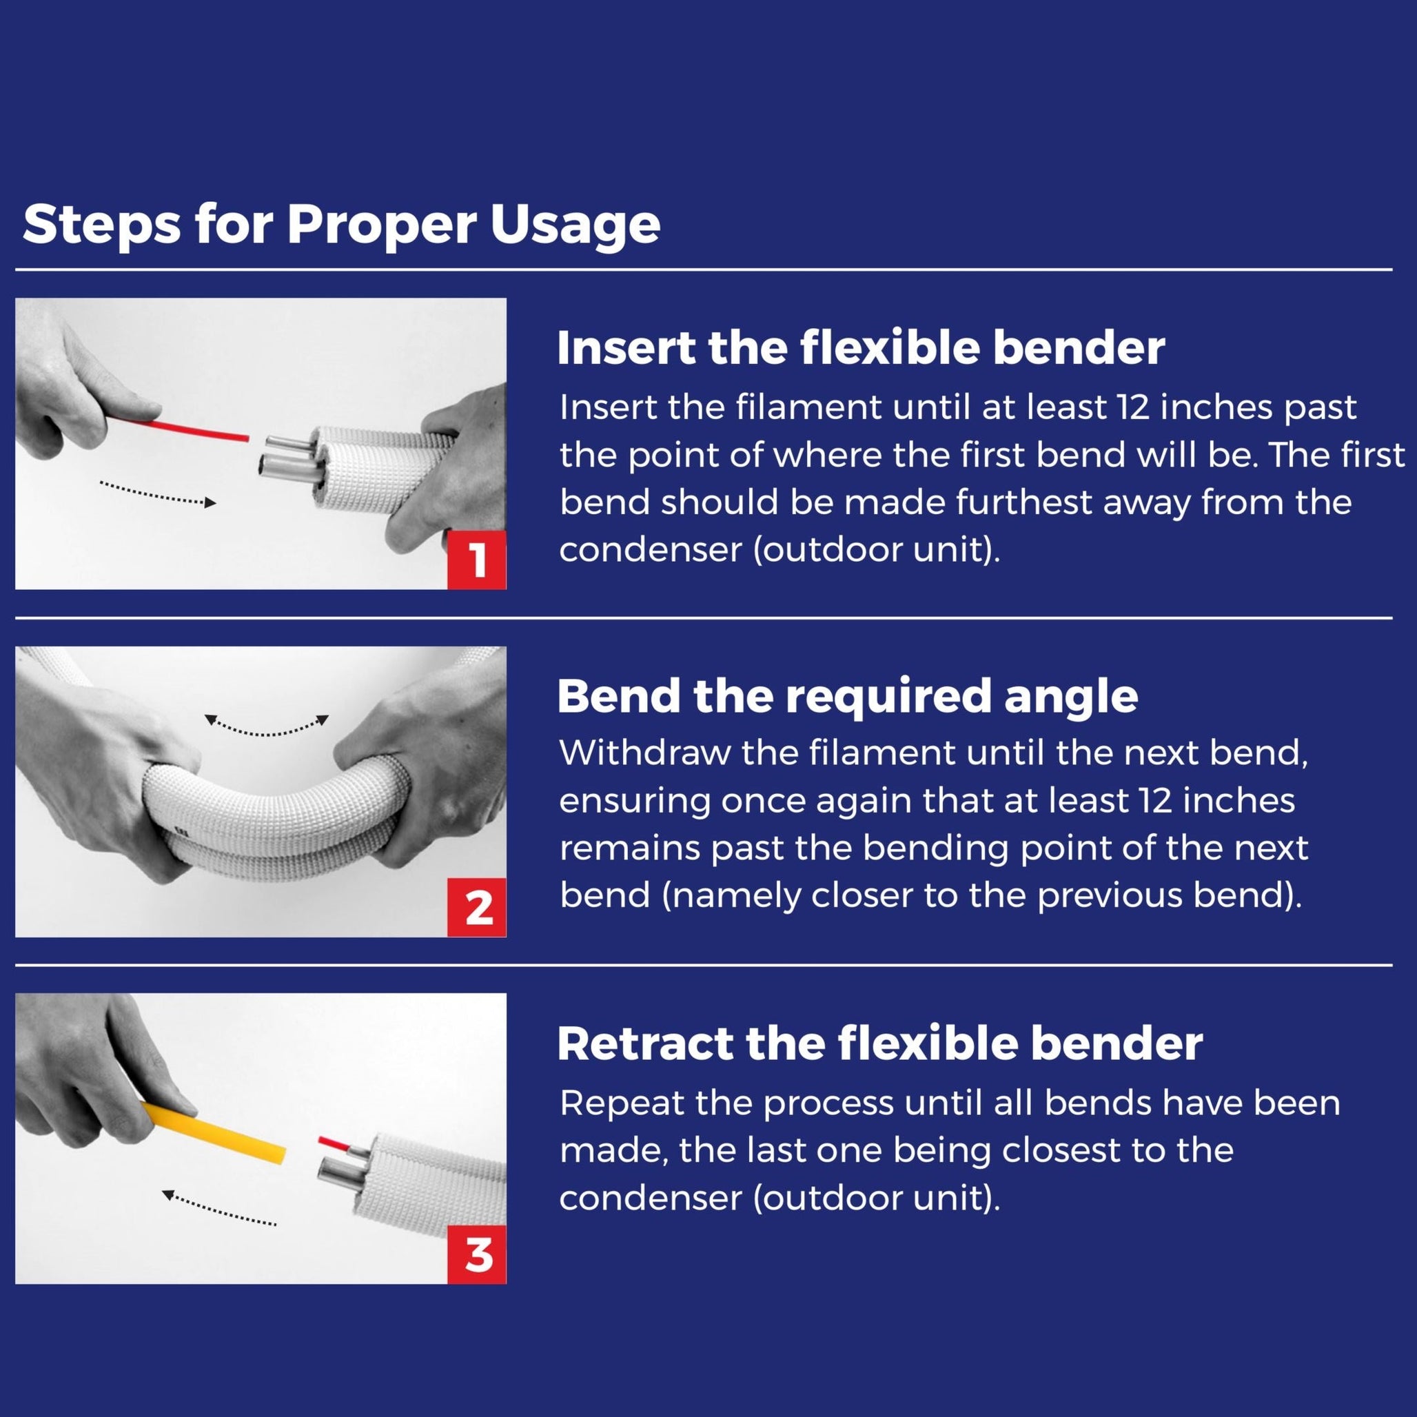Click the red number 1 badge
(477, 560)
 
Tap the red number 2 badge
(477, 908)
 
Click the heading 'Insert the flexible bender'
(859, 347)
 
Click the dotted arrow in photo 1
(158, 494)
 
